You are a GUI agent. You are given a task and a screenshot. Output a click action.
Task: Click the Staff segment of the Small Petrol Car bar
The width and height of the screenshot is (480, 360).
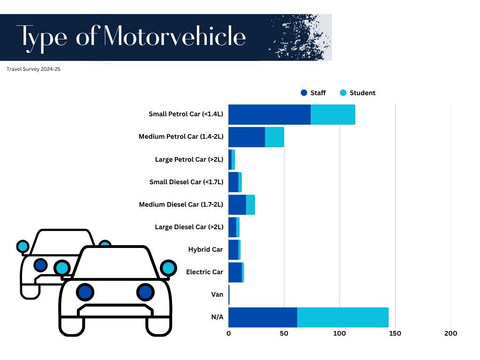(x=269, y=114)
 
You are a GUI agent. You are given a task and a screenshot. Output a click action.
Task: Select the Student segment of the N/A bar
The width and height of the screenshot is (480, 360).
(x=343, y=317)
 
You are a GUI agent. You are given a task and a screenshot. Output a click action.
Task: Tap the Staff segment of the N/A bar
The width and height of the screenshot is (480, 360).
(x=262, y=317)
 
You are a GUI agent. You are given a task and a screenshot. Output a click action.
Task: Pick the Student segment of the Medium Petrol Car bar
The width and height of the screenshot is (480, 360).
(x=274, y=137)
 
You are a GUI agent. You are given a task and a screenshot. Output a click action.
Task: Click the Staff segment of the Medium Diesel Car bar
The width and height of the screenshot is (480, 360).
(x=237, y=204)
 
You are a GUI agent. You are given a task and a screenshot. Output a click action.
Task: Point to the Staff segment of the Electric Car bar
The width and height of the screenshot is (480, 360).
(x=235, y=272)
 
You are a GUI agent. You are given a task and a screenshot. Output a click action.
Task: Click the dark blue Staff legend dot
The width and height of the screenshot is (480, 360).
(x=304, y=93)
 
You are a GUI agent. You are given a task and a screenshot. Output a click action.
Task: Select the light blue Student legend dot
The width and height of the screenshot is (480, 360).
(x=344, y=93)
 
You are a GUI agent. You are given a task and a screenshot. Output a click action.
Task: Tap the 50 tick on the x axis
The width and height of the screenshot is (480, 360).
(x=284, y=334)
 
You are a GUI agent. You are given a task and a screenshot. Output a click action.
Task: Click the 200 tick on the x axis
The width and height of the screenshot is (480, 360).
(x=450, y=334)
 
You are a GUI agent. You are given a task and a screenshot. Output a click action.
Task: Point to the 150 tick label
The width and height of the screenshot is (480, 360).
(x=395, y=334)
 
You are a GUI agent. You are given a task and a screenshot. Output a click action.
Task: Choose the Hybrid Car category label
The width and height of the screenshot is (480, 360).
(x=205, y=249)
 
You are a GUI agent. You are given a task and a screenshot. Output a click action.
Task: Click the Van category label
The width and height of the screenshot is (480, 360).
(x=217, y=294)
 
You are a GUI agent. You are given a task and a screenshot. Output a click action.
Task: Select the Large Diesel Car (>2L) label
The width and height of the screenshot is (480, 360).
(x=189, y=227)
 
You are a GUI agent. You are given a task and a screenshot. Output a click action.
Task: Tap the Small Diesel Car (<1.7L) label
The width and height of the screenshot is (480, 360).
(x=186, y=182)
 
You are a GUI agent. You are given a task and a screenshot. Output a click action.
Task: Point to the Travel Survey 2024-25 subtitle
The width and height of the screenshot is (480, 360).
(x=34, y=69)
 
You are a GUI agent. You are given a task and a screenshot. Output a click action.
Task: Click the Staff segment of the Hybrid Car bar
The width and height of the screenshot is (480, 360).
(x=233, y=249)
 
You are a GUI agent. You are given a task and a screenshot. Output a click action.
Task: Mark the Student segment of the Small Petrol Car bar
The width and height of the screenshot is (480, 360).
(x=333, y=114)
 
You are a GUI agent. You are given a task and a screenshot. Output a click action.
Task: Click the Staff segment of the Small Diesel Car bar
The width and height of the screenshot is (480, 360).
(x=233, y=182)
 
